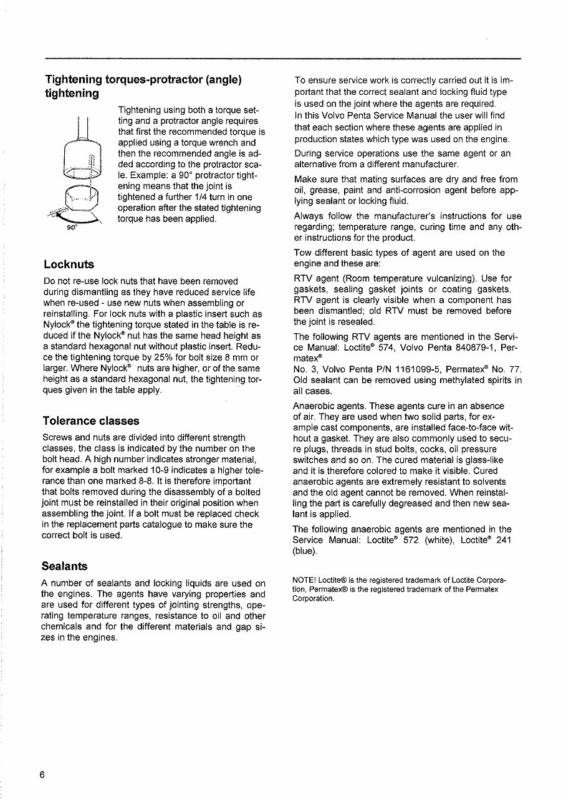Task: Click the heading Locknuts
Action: [x=69, y=264]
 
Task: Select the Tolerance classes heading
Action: [x=91, y=420]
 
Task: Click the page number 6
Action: [x=42, y=775]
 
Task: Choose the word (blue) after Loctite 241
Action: [x=305, y=552]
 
